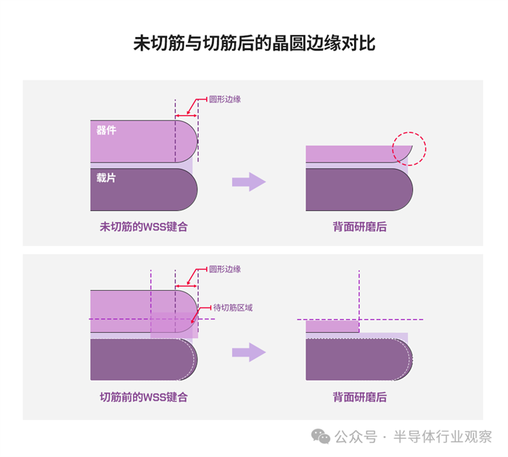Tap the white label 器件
[x=106, y=131]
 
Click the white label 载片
[x=106, y=177]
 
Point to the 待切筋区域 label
[x=233, y=308]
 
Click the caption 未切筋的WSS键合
[x=144, y=226]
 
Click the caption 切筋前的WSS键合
[x=144, y=397]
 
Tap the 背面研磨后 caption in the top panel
[x=360, y=226]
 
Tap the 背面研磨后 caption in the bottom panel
[x=360, y=397]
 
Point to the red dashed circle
[x=409, y=149]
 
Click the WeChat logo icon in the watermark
[x=320, y=436]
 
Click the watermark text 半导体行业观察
[x=443, y=437]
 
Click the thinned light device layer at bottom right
[x=332, y=326]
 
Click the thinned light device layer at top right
[x=348, y=154]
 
